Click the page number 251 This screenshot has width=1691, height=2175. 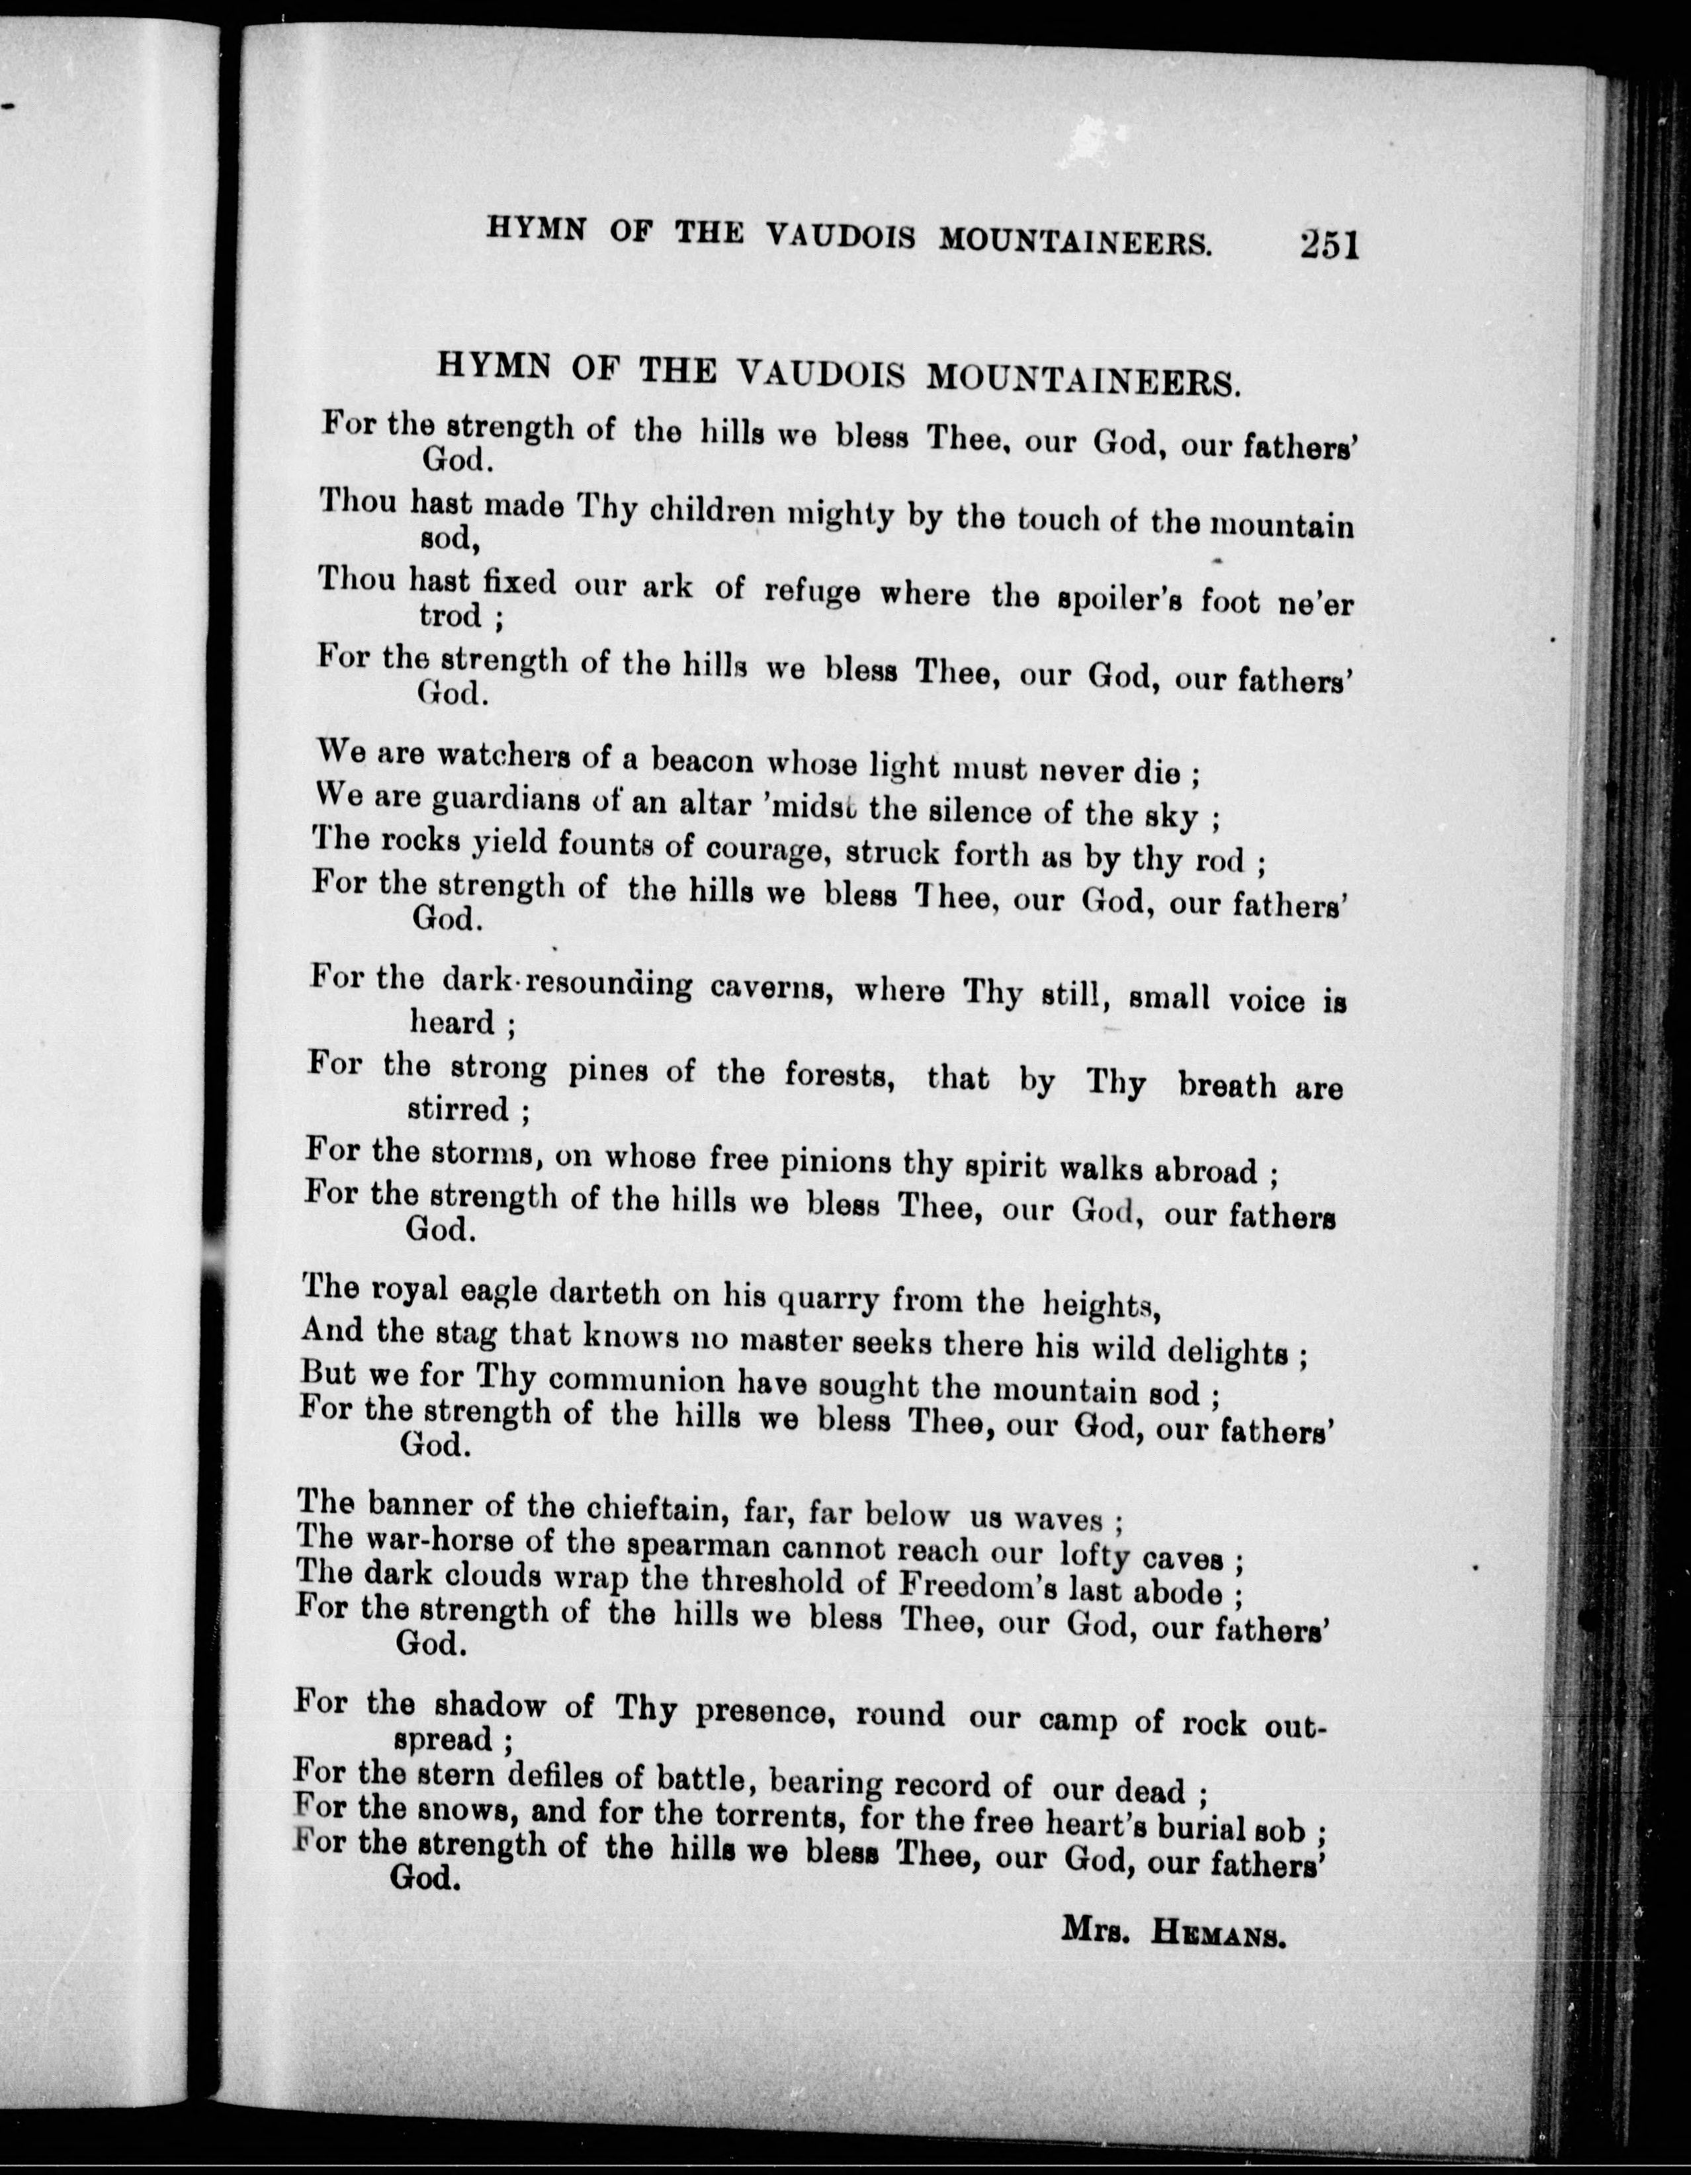[1328, 244]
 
